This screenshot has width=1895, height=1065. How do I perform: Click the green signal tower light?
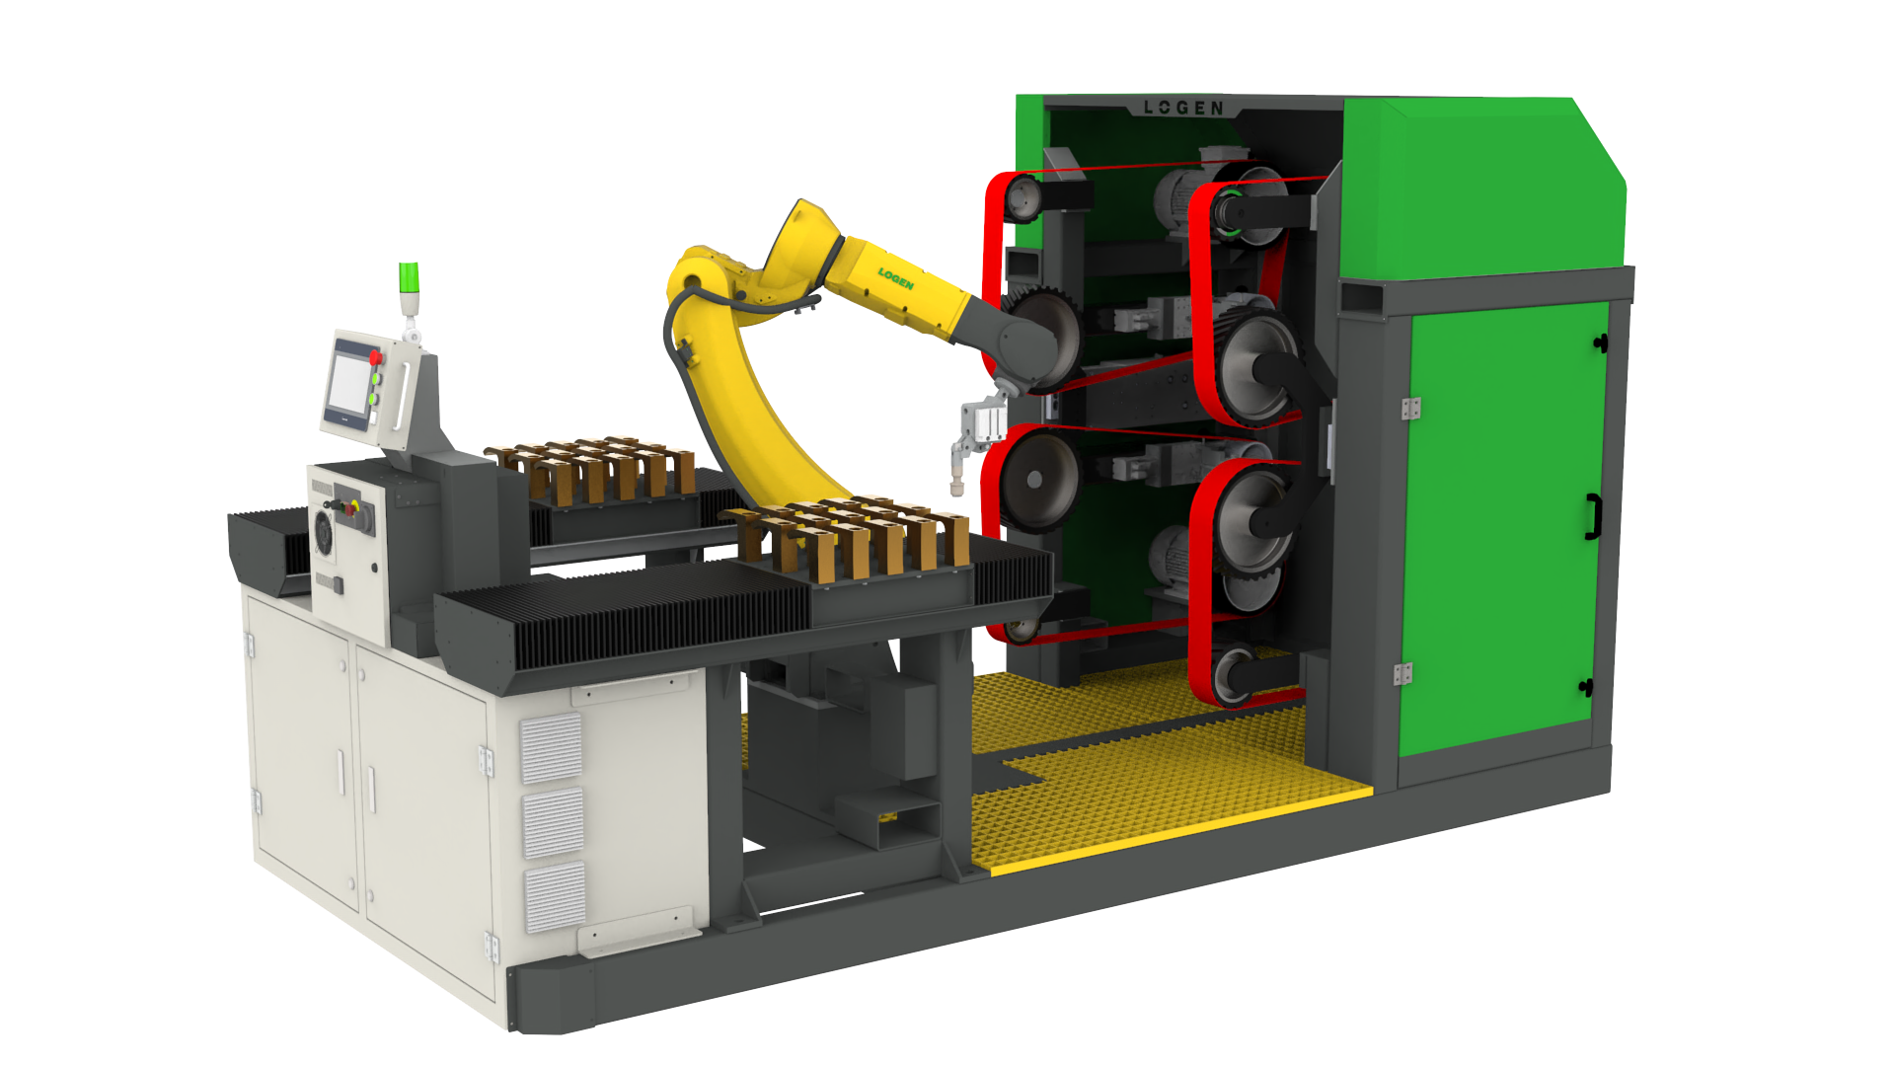pos(409,277)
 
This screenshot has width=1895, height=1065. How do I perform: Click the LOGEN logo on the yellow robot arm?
pos(896,279)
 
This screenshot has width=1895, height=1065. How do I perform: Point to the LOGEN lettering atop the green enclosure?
pos(1183,108)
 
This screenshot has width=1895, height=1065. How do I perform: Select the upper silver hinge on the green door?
pos(1411,408)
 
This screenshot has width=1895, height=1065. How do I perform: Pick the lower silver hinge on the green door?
pos(1402,674)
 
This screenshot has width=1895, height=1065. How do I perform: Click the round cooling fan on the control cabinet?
pos(323,533)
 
